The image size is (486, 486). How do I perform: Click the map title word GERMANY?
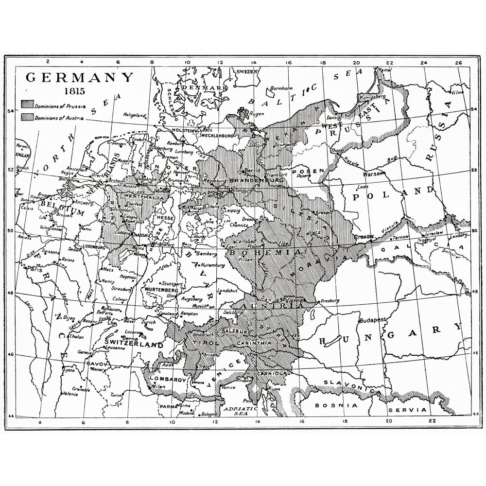[79, 78]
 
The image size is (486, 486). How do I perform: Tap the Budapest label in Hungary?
[372, 320]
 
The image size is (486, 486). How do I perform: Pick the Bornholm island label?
[279, 88]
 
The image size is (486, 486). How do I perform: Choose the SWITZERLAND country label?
[133, 345]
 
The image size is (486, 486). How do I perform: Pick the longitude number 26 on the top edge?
[458, 63]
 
